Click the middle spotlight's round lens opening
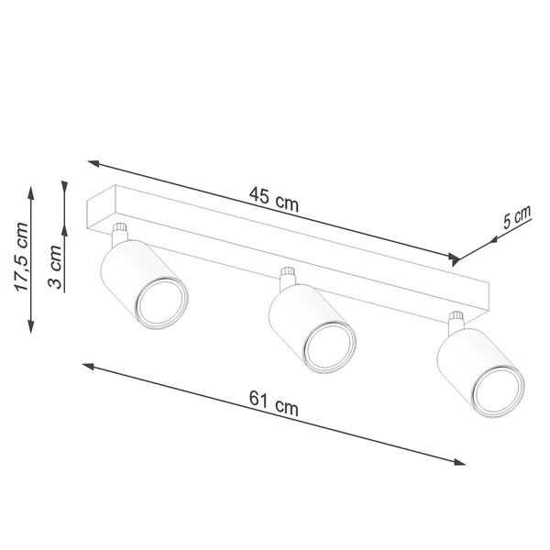click(329, 348)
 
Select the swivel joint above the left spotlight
click(119, 230)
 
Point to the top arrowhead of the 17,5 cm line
click(32, 192)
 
